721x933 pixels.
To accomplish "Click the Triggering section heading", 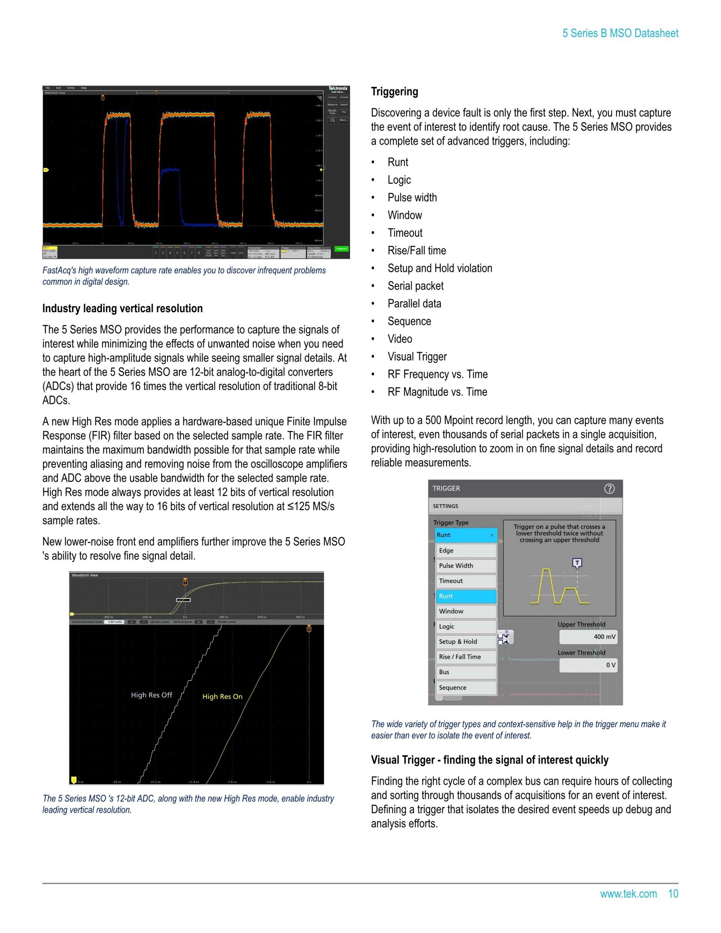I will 394,92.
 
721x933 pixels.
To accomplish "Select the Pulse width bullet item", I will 412,197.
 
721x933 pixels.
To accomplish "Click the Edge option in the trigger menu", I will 466,551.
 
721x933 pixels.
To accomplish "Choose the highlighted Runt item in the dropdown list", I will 466,596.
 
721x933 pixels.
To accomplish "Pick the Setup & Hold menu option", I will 466,642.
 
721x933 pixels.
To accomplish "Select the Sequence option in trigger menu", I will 466,687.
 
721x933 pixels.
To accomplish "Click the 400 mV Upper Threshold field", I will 588,637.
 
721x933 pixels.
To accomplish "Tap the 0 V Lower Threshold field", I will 588,665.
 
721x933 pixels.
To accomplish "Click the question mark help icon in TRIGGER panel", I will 609,489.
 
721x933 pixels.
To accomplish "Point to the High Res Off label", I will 151,695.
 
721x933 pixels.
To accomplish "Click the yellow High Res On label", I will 222,696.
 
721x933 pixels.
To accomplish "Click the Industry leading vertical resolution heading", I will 122,308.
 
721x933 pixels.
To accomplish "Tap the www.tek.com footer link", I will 628,894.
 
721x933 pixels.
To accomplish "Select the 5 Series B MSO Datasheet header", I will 620,33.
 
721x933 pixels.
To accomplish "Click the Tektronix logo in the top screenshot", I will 338,88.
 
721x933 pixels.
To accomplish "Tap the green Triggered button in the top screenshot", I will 341,249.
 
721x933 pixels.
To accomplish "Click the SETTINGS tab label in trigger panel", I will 445,506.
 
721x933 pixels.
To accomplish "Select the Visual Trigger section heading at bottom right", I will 490,760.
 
